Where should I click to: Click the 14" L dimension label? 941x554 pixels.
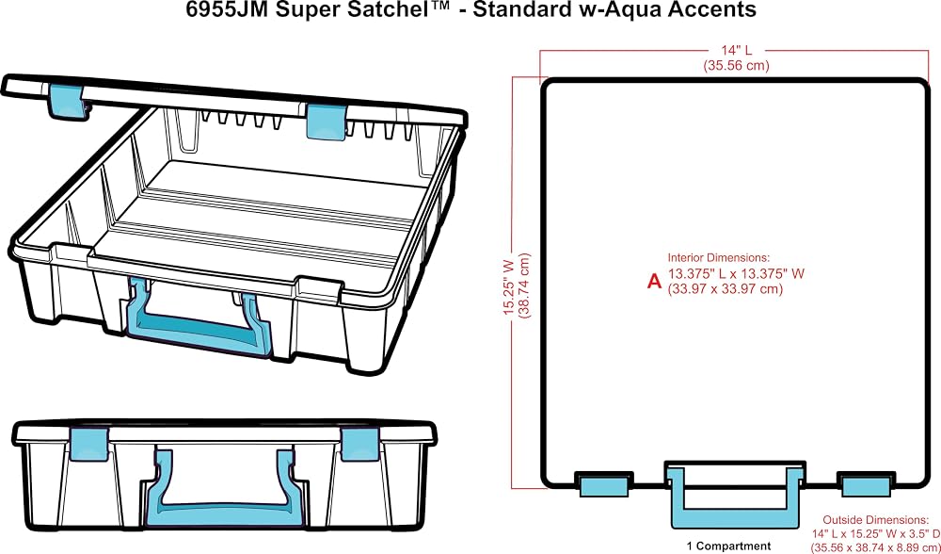736,52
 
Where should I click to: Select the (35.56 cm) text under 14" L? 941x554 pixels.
736,66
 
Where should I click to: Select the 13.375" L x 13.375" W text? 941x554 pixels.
736,273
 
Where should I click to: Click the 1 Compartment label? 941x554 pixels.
729,546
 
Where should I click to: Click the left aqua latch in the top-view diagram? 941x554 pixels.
603,483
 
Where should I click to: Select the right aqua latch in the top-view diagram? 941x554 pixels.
866,483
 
